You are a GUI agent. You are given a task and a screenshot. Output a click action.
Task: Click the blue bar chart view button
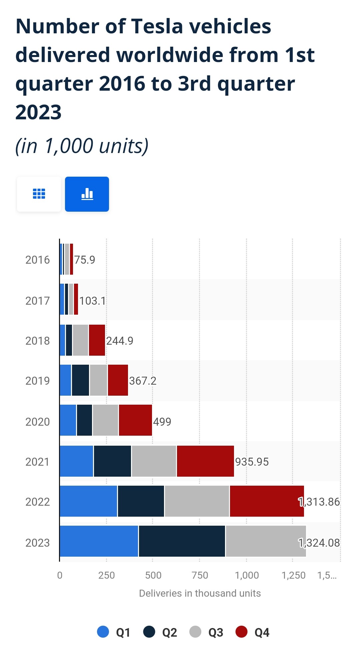pos(87,194)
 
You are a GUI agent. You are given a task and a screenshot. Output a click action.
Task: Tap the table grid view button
pos(39,194)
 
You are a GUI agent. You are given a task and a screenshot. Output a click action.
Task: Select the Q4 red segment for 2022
pos(267,501)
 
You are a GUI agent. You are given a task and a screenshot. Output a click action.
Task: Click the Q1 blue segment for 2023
pos(99,541)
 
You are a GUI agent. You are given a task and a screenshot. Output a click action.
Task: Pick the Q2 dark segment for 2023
pos(182,541)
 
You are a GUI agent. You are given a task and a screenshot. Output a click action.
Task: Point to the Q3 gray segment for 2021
pos(154,461)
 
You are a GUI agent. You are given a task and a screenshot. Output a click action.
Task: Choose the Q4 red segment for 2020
pos(135,420)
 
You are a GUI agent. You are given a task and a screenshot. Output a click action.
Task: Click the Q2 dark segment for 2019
pos(80,380)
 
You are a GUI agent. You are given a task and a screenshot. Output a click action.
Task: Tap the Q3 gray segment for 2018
pos(80,340)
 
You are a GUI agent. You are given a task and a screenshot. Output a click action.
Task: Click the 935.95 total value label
pos(252,462)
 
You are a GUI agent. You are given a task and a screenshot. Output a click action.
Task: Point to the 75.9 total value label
pos(85,260)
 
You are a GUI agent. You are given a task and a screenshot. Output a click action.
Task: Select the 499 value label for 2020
pos(162,422)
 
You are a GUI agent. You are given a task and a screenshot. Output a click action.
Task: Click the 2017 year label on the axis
pos(37,301)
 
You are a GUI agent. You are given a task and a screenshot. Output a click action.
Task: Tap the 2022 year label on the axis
pos(37,502)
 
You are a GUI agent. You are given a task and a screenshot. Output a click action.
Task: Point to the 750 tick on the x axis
pos(200,575)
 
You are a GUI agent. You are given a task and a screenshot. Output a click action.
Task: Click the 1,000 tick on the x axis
pos(247,575)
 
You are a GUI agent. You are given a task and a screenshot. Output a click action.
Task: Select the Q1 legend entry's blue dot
pos(103,632)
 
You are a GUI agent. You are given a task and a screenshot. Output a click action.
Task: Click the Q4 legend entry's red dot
pos(241,632)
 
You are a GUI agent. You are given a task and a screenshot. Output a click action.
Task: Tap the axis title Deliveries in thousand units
pos(200,593)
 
